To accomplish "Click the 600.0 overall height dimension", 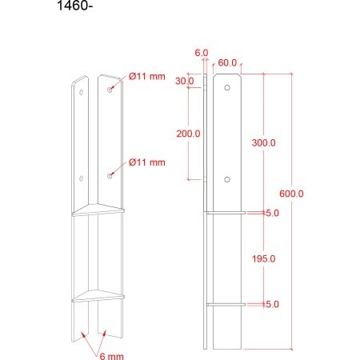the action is [x=291, y=194].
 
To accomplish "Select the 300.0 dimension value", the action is [x=264, y=143].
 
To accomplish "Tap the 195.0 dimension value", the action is [x=264, y=258].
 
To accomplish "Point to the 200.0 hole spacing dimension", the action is [x=188, y=134].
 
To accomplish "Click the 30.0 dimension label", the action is [x=185, y=81].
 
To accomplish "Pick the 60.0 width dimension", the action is [x=227, y=63].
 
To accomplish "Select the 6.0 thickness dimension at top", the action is [x=202, y=53].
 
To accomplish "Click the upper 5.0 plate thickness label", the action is [x=272, y=213].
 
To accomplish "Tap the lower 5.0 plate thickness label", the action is [x=272, y=304].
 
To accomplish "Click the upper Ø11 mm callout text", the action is [x=147, y=77].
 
